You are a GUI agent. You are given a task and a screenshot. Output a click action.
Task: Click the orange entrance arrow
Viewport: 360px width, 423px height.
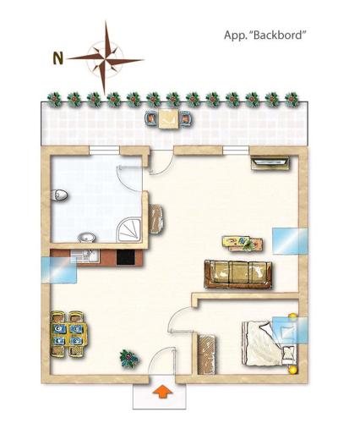point(162,392)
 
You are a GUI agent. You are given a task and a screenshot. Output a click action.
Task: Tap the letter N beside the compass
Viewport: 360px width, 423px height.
point(58,58)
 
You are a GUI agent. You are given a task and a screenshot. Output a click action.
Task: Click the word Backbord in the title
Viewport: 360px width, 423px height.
point(277,36)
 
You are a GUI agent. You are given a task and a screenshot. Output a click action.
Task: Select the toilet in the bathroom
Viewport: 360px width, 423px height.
point(59,195)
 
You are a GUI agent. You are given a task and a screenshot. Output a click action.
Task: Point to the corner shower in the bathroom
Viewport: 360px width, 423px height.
point(128,230)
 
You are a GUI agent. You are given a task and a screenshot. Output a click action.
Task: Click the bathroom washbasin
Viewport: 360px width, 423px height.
point(86,237)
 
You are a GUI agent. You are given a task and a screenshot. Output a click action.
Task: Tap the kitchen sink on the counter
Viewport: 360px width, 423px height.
point(84,256)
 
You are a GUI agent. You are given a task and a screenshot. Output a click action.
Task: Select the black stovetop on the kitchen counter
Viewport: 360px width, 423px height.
point(126,257)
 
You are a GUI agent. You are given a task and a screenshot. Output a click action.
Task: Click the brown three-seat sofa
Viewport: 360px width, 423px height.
point(238,274)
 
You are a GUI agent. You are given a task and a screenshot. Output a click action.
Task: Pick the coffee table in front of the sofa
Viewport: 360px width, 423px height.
point(243,244)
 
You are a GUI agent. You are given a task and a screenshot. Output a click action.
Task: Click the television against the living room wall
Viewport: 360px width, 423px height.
point(270,163)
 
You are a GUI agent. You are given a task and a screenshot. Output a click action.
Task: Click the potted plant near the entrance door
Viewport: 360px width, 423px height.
point(128,358)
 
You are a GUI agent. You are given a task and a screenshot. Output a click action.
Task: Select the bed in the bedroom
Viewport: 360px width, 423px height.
point(270,343)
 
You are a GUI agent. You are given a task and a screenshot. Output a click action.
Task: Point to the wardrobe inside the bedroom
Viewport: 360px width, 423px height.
point(206,354)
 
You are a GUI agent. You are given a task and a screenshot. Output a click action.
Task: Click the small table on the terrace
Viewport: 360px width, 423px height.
point(168,119)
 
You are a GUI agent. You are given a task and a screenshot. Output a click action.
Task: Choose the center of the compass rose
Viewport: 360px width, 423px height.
point(105,59)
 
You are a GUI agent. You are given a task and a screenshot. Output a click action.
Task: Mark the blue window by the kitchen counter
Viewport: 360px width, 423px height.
point(59,270)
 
